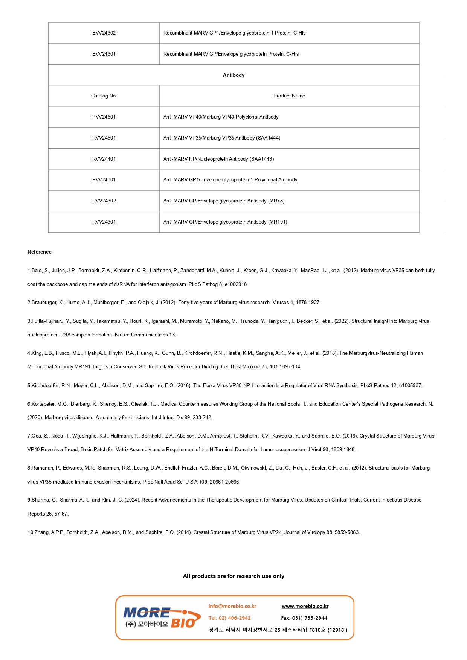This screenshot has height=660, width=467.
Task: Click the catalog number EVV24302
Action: pos(104,33)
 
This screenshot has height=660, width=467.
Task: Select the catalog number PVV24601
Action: pos(104,117)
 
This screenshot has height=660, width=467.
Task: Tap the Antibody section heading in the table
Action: pos(233,75)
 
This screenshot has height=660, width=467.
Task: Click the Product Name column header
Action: pos(289,96)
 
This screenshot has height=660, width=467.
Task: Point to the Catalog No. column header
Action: pos(104,96)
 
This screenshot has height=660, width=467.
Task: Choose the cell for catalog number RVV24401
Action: pos(104,159)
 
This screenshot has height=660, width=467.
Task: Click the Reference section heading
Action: pos(40,252)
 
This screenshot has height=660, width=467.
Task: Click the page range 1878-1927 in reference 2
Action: pos(307,303)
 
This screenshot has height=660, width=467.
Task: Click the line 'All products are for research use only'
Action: pos(233,576)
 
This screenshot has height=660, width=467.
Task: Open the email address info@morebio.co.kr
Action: pos(232,606)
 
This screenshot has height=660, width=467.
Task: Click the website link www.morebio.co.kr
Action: pos(305,606)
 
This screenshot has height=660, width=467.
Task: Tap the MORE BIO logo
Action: pos(161,618)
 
